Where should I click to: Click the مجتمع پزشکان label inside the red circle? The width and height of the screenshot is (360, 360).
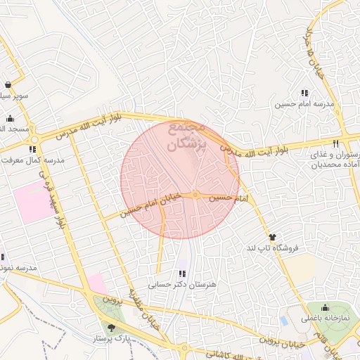(x=186, y=137)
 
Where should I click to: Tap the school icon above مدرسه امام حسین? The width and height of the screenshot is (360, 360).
(x=304, y=93)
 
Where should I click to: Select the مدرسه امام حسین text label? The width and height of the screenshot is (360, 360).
(x=304, y=105)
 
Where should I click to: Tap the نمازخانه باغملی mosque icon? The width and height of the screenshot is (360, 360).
(x=325, y=307)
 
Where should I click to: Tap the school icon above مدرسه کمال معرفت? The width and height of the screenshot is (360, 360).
(x=32, y=149)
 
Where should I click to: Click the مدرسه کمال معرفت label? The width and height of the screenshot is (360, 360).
(x=33, y=160)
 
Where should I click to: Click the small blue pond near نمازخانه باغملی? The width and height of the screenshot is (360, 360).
(x=284, y=320)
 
